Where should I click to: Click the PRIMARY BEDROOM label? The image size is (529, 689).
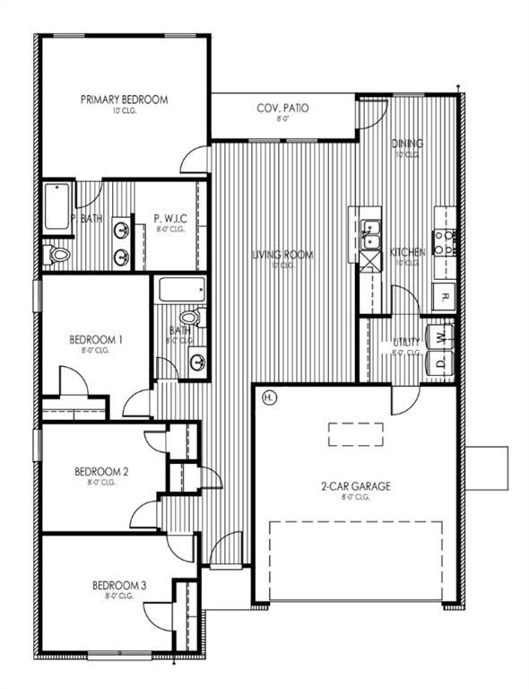click(x=124, y=100)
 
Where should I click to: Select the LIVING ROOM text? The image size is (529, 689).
click(x=282, y=255)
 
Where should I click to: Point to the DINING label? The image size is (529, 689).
click(x=407, y=144)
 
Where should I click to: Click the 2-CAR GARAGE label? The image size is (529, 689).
click(x=356, y=487)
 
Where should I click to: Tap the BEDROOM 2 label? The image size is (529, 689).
click(x=101, y=471)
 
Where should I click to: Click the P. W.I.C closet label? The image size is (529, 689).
click(x=169, y=218)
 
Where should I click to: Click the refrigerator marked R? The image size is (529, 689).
click(x=443, y=296)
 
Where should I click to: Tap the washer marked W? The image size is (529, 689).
click(x=439, y=336)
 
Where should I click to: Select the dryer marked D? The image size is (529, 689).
click(x=439, y=363)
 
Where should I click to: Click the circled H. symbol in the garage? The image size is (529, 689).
click(x=267, y=397)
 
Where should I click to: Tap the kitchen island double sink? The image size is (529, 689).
click(x=370, y=233)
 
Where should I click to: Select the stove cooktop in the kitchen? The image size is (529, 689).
click(x=444, y=241)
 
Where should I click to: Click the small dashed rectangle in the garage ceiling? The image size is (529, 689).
click(x=355, y=434)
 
